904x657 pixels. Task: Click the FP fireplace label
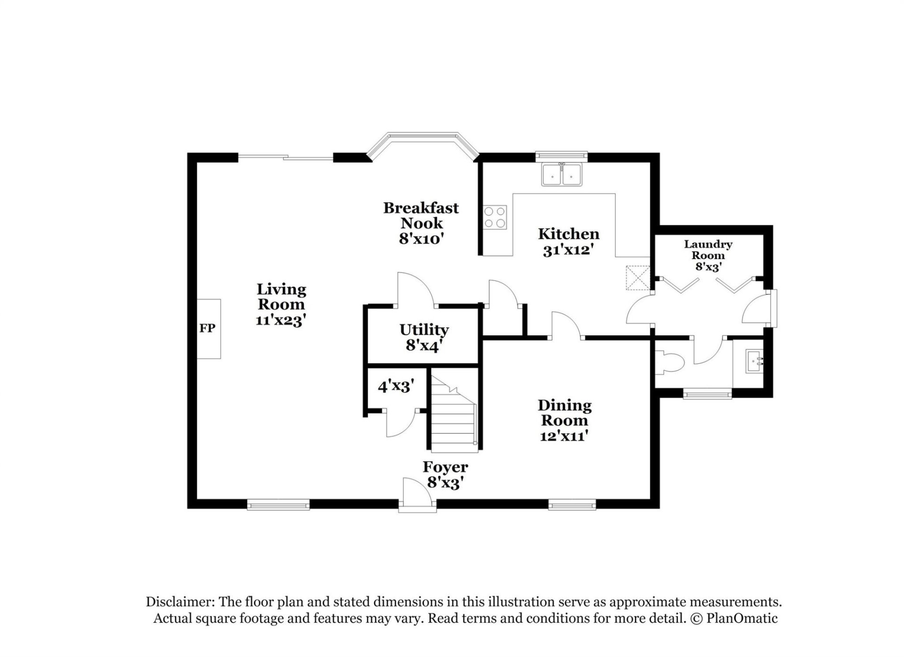coord(207,328)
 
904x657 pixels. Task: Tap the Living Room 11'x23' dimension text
coord(281,320)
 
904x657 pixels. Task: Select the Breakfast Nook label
coord(420,215)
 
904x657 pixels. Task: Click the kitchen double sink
coord(561,175)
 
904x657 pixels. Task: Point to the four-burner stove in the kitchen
coord(495,217)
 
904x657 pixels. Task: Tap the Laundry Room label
coord(708,250)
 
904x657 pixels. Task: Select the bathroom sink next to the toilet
coord(754,362)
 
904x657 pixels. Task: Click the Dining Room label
coord(564,413)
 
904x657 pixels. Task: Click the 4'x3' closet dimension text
coord(396,387)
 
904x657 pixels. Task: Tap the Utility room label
coord(424,330)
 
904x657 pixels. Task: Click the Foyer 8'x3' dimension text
coord(445,482)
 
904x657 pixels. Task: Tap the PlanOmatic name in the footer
coord(742,618)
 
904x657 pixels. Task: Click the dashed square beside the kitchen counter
coord(638,278)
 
